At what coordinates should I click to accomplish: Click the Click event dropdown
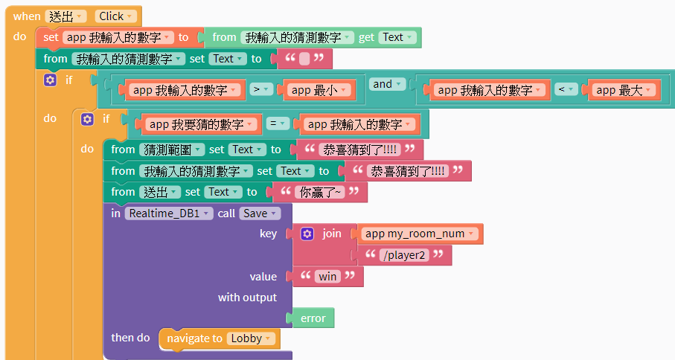(117, 16)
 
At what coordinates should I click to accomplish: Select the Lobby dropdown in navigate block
(252, 338)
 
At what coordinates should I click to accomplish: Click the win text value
(327, 277)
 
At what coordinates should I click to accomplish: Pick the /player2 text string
(405, 255)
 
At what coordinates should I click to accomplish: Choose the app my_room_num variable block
(420, 234)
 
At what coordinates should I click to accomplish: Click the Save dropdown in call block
(259, 213)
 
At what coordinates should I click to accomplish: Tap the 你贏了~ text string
(320, 192)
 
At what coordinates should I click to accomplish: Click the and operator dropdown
(388, 85)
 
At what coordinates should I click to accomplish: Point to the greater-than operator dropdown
(260, 90)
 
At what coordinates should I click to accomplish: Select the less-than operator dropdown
(565, 90)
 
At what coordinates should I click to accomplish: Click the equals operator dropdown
(277, 124)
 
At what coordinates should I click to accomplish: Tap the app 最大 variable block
(623, 90)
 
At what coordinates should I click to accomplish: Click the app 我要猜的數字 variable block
(198, 124)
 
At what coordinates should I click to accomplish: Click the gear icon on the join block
(307, 234)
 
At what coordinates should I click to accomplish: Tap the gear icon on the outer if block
(50, 80)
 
